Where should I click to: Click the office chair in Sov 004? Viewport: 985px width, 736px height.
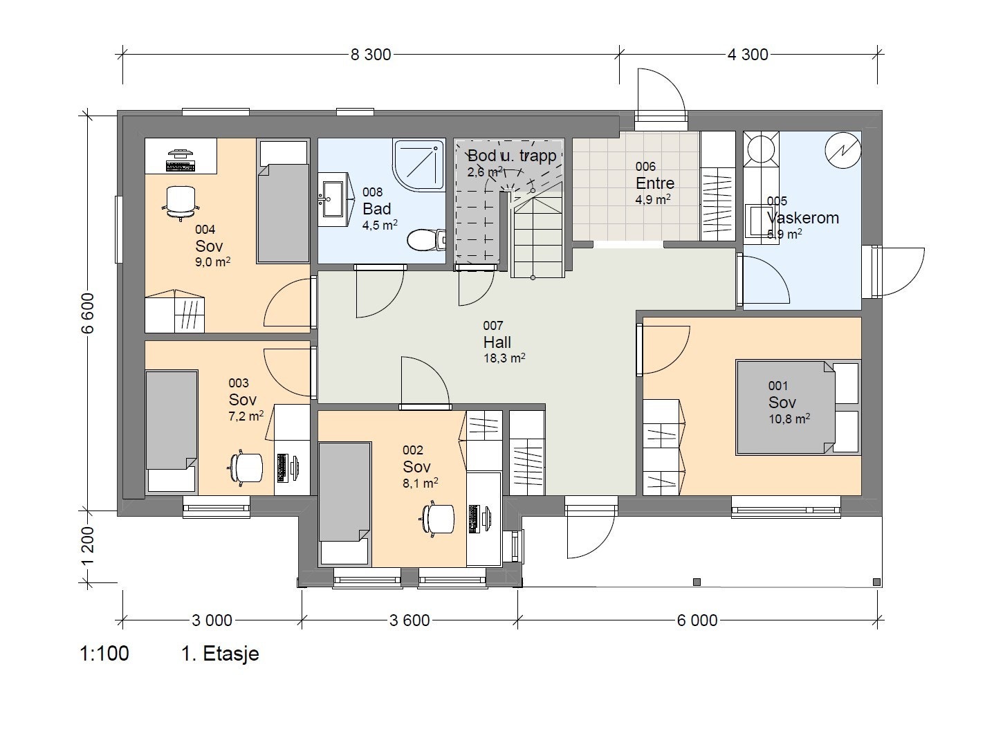pyautogui.click(x=180, y=201)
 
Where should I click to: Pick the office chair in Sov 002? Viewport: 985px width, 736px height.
pyautogui.click(x=438, y=517)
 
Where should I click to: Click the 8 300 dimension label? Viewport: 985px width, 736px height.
pyautogui.click(x=370, y=55)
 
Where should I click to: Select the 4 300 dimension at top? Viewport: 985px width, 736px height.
pyautogui.click(x=747, y=55)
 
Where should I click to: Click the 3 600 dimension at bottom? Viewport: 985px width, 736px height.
pyautogui.click(x=409, y=620)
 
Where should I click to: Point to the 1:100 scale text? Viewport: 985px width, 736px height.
pyautogui.click(x=104, y=654)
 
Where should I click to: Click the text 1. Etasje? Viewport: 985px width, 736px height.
pyautogui.click(x=220, y=654)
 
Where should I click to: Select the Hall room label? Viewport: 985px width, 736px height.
pyautogui.click(x=497, y=342)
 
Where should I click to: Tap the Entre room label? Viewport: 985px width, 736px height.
pyautogui.click(x=654, y=183)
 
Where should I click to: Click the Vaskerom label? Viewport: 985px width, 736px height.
pyautogui.click(x=802, y=218)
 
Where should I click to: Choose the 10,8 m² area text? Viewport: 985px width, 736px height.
pyautogui.click(x=789, y=418)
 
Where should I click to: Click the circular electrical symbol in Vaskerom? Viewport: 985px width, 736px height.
pyautogui.click(x=843, y=150)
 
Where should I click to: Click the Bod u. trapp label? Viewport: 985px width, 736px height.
pyautogui.click(x=512, y=156)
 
